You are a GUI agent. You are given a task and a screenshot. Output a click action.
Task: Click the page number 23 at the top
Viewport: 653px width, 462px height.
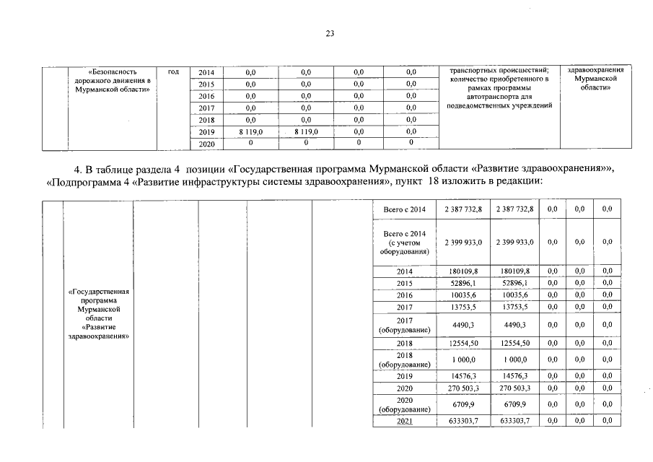click(330, 33)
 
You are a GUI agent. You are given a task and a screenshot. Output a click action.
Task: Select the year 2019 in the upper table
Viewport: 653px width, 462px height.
click(206, 132)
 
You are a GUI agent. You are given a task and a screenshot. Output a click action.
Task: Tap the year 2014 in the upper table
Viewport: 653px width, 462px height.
click(206, 72)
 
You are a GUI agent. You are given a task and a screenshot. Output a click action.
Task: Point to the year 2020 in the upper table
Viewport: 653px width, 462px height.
click(206, 144)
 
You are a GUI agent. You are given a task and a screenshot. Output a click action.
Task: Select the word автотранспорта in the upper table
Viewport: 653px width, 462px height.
click(499, 97)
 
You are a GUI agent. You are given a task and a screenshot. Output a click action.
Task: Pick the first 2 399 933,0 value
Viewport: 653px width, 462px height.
click(460, 243)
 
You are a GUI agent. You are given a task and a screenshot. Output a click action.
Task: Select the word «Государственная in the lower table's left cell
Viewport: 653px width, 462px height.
click(97, 292)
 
